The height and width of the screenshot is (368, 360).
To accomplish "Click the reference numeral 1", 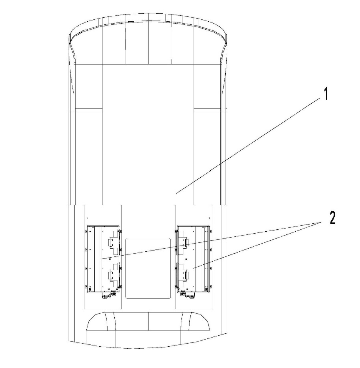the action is pos(325,94).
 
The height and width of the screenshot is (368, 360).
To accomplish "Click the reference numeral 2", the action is pos(332,218).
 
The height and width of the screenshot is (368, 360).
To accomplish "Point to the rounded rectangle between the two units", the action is pos(148,269).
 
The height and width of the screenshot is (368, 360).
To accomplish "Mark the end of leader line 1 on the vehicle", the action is pos(176,193).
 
